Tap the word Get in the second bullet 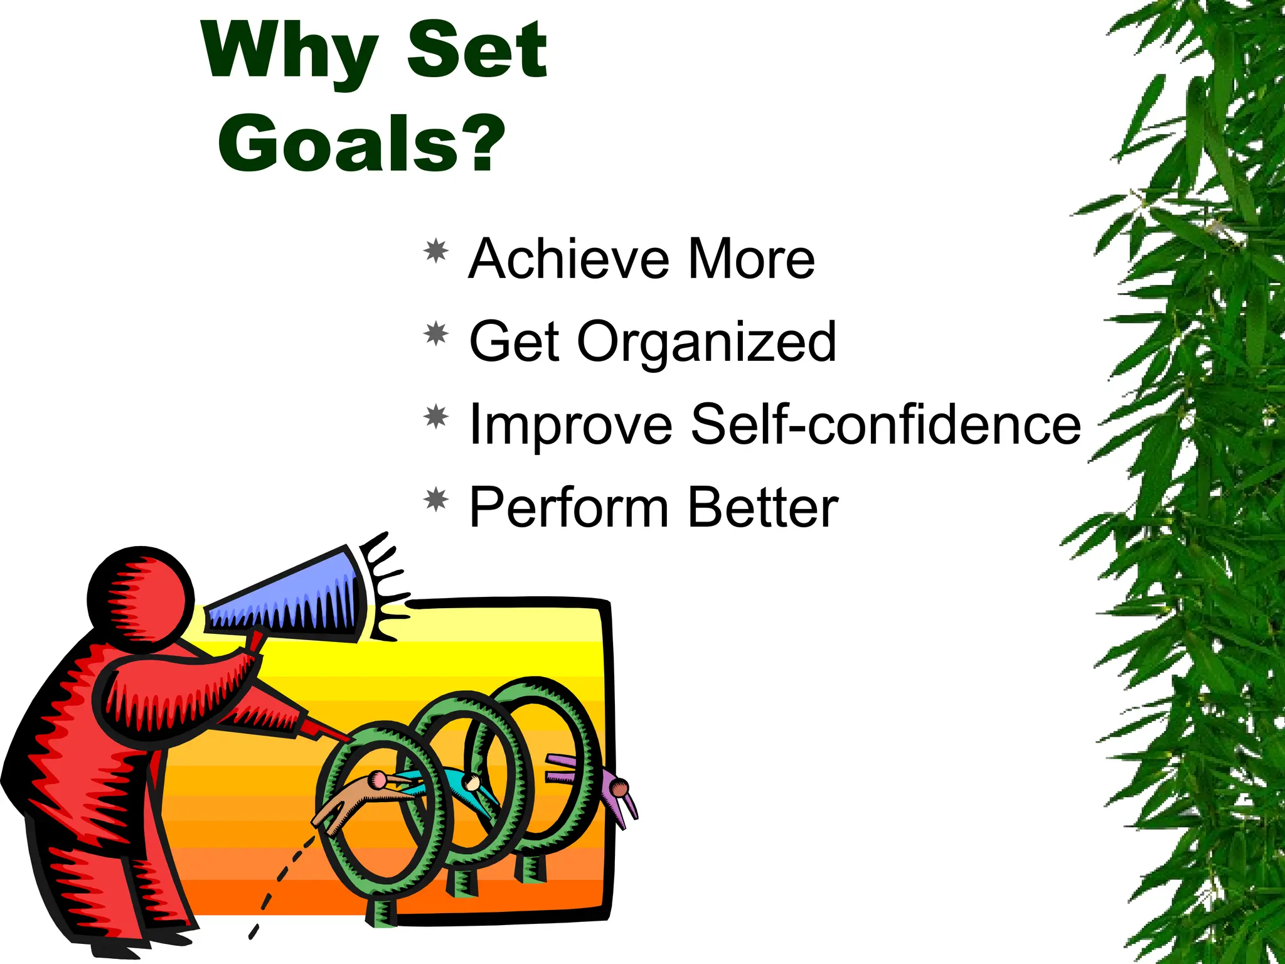coord(515,341)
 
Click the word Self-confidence coord(886,424)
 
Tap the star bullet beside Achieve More coord(436,251)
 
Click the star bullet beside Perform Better coord(436,500)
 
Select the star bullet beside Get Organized coord(436,334)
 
